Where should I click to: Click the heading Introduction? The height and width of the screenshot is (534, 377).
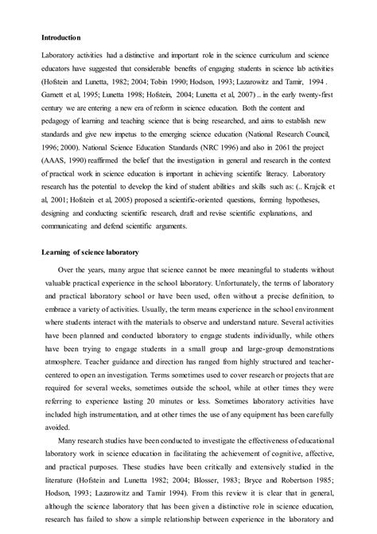pos(63,34)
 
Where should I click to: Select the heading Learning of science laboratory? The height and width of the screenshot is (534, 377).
pos(91,251)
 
